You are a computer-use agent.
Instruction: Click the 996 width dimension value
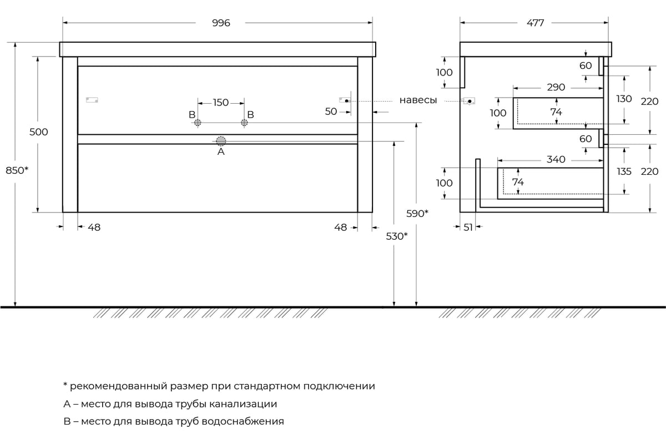[x=220, y=23]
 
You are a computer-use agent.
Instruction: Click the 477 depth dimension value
[x=535, y=23]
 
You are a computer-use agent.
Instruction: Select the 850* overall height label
[x=17, y=171]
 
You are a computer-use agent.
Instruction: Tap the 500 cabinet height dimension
[x=38, y=132]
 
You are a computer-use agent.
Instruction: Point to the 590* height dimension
[x=418, y=214]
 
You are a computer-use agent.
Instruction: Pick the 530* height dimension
[x=396, y=236]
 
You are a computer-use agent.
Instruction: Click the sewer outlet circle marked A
[x=221, y=141]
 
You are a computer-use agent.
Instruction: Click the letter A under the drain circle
[x=221, y=152]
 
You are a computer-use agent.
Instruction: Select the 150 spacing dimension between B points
[x=220, y=102]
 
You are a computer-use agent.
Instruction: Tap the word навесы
[x=418, y=100]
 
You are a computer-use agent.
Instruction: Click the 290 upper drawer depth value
[x=556, y=87]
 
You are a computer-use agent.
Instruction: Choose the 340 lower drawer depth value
[x=556, y=160]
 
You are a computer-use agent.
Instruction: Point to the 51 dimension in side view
[x=467, y=227]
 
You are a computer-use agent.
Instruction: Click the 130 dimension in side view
[x=624, y=99]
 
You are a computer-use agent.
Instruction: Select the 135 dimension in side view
[x=624, y=171]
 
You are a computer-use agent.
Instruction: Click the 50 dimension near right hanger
[x=331, y=112]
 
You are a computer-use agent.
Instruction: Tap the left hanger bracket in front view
[x=92, y=100]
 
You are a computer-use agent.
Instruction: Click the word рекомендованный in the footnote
[x=114, y=386]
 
